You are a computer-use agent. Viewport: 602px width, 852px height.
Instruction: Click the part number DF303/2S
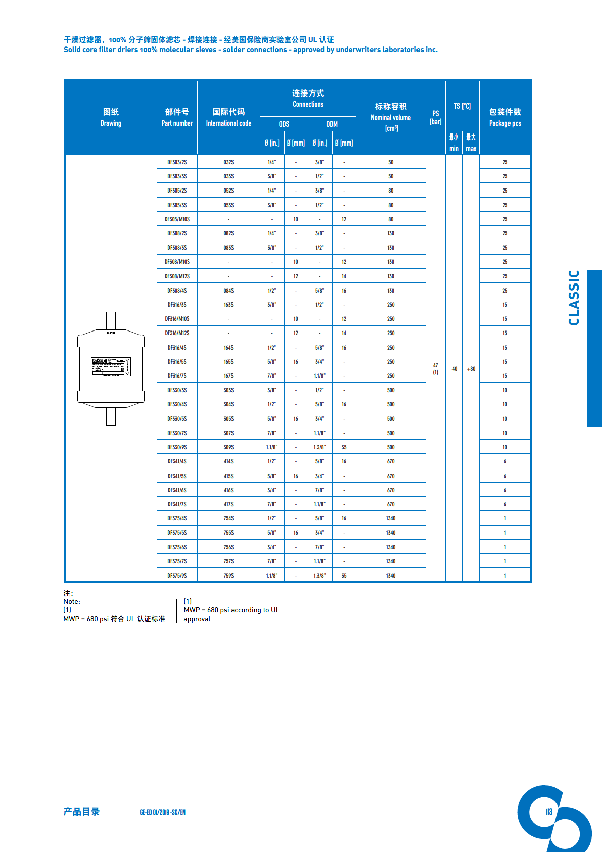coord(177,162)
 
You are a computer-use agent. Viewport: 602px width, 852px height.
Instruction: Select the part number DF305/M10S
coord(177,219)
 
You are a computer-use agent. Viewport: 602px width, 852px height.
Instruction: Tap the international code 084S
coord(228,291)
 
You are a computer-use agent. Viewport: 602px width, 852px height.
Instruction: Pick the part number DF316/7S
coord(177,376)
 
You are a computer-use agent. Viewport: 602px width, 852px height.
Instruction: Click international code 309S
coord(228,447)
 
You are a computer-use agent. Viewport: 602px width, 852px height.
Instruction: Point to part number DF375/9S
coord(177,576)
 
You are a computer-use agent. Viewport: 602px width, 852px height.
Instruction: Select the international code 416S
coord(228,490)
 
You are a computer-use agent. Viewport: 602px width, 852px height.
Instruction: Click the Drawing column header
coord(111,117)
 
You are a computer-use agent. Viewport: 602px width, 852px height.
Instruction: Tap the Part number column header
coord(177,117)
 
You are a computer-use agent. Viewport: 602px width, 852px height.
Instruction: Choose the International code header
coord(228,117)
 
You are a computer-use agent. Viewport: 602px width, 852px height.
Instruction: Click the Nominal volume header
coord(391,117)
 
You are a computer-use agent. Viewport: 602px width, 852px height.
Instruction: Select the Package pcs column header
coord(505,117)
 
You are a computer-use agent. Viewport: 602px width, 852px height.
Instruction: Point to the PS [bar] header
coord(436,117)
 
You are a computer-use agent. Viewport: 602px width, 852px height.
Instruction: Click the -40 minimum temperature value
coord(454,369)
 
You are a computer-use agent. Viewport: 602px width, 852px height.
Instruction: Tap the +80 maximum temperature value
coord(471,369)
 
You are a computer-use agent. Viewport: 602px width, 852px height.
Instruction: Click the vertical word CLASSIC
coord(574,298)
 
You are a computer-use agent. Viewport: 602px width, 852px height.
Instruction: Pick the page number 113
coord(549,812)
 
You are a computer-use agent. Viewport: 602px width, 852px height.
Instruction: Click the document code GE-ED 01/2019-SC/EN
coord(162,812)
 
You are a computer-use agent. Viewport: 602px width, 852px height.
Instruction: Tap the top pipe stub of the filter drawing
coord(111,320)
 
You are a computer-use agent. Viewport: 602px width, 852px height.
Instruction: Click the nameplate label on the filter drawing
coord(111,367)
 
